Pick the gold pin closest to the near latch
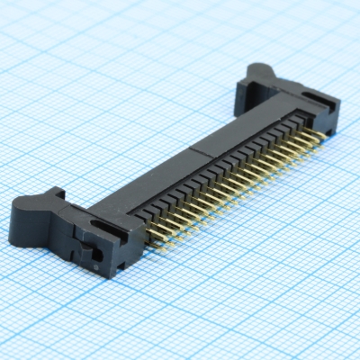pos(153,245)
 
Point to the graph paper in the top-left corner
pos(36,36)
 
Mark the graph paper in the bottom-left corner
pos(36,324)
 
